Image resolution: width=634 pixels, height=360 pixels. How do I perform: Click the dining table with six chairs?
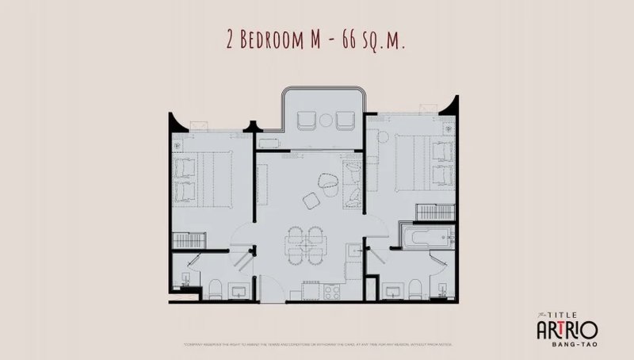click(x=306, y=243)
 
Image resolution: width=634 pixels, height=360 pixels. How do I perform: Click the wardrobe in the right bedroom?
click(x=434, y=208)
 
